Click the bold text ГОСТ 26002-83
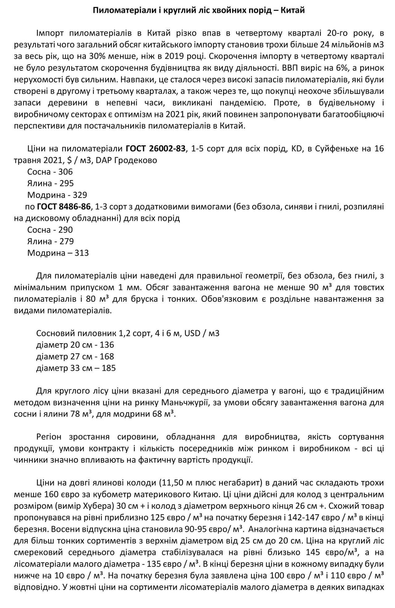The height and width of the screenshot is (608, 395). click(156, 149)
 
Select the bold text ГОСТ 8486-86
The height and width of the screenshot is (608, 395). click(64, 206)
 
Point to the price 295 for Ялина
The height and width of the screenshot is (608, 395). click(67, 183)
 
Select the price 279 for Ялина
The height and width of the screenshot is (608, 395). click(67, 241)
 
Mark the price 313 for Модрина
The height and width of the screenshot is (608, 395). click(81, 253)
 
